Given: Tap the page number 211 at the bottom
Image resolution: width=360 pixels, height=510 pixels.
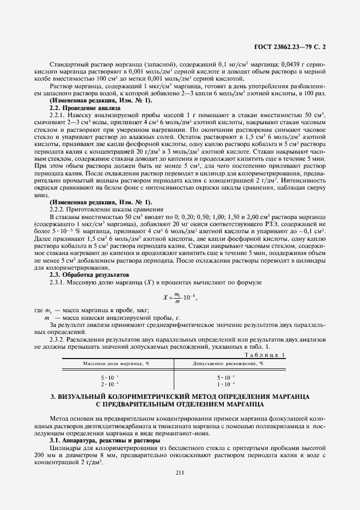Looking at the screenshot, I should pyautogui.click(x=180, y=472).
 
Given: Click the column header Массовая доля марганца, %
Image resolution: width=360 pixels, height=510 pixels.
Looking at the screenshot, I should pyautogui.click(x=116, y=363).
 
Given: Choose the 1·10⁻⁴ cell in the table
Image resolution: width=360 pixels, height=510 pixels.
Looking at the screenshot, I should pyautogui.click(x=226, y=384).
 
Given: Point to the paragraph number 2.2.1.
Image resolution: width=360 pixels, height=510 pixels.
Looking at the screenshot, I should pyautogui.click(x=57, y=115).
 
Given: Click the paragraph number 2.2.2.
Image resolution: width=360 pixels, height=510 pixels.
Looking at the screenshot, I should pyautogui.click(x=57, y=209).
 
